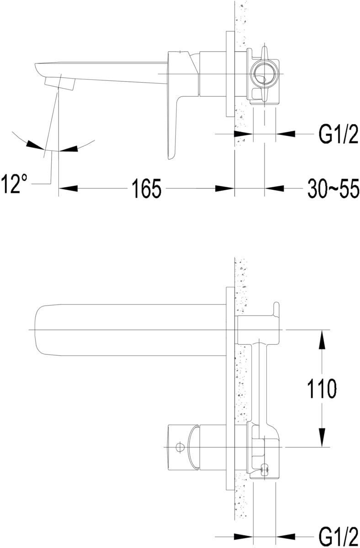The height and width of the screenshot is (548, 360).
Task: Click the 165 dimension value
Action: [147, 188]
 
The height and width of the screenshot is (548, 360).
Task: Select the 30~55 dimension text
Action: [334, 188]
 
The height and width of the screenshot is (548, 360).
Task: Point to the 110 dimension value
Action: [322, 389]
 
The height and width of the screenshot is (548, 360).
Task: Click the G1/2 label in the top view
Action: [339, 134]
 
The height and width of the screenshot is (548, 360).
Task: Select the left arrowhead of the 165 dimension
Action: [68, 188]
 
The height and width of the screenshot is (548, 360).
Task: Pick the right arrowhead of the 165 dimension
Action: [225, 188]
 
